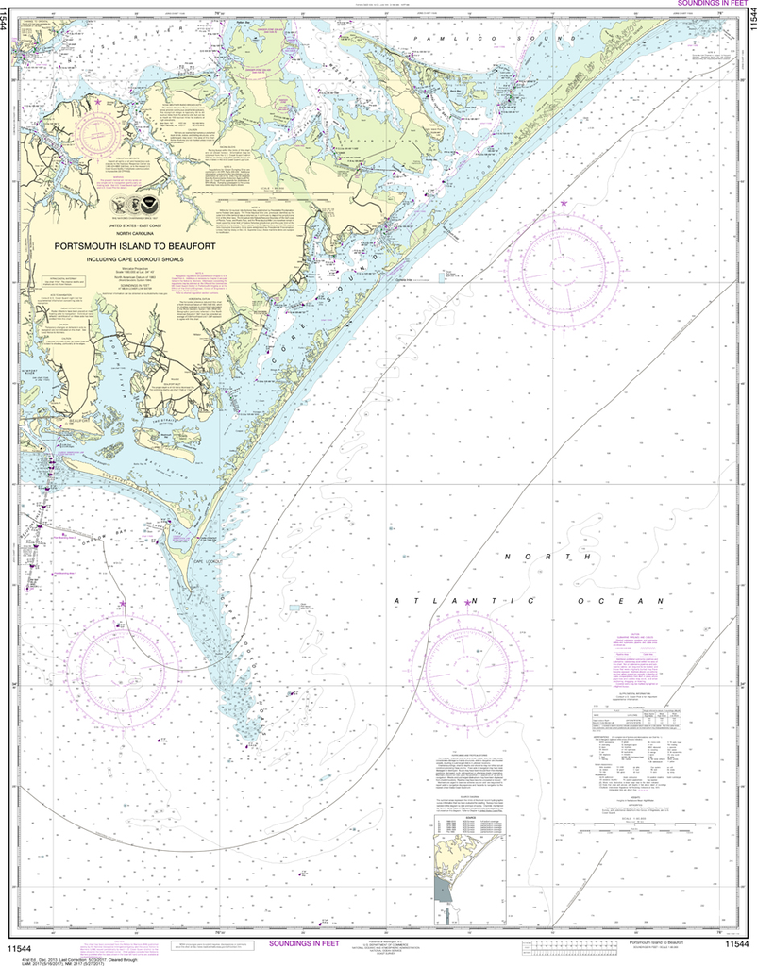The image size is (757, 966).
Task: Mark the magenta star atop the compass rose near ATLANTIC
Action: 466,603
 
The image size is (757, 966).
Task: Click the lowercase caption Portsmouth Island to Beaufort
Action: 657,941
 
